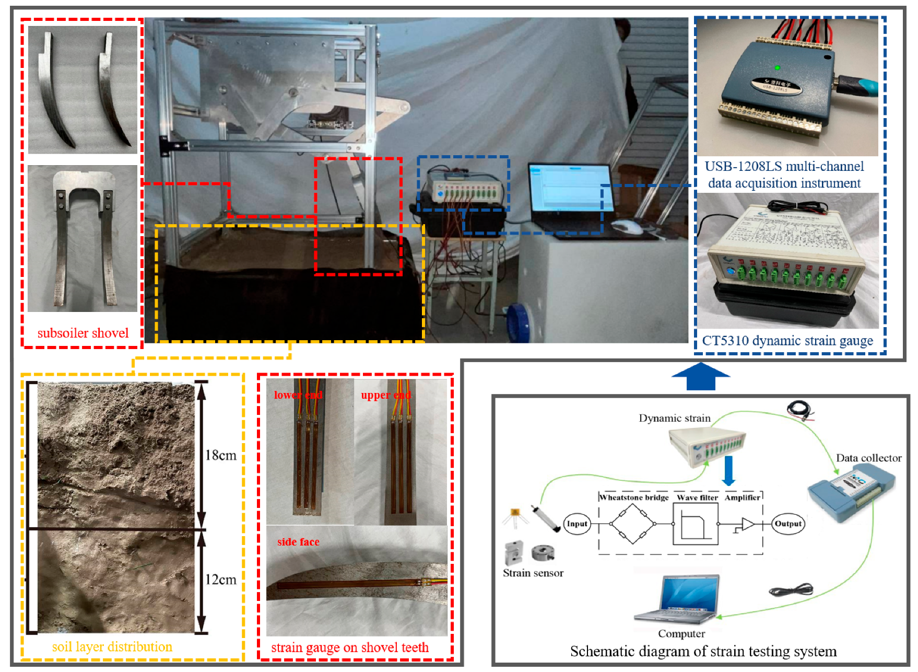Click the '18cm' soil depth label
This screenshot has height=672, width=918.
[220, 456]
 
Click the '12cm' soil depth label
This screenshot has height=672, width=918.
[220, 580]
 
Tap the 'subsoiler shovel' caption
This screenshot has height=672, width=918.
[83, 333]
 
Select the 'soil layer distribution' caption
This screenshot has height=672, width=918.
[112, 647]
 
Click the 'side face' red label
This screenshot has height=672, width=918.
[298, 542]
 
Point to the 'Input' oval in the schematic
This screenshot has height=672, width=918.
[577, 524]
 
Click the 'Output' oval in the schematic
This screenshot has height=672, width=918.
[788, 524]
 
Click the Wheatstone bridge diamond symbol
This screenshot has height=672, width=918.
[632, 524]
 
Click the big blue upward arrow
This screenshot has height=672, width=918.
[700, 377]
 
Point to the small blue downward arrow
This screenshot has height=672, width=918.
[728, 471]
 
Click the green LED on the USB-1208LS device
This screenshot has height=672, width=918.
[777, 67]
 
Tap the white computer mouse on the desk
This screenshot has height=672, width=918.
[626, 227]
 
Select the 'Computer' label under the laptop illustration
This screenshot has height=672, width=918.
[681, 634]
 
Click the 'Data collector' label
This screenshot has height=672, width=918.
[868, 458]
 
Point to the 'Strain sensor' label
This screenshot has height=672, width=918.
[533, 573]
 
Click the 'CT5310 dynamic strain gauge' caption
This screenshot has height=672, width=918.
[787, 341]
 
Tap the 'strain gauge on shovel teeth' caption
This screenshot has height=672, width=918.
[349, 648]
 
